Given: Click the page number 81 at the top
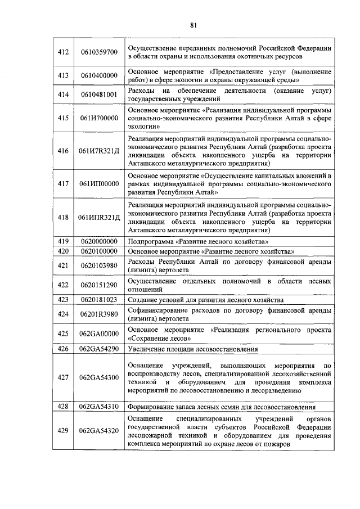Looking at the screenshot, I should [x=193, y=25].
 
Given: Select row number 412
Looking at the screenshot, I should [x=63, y=52].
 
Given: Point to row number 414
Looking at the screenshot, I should [x=63, y=94].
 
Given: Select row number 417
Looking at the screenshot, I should [x=63, y=183].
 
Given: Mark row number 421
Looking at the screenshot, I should [x=63, y=265].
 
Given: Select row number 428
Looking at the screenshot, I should [x=63, y=406].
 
